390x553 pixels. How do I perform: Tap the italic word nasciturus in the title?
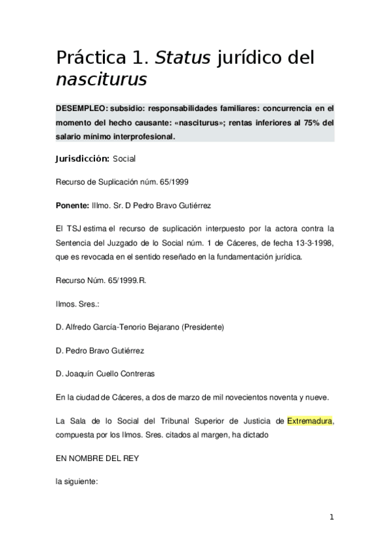click(x=101, y=80)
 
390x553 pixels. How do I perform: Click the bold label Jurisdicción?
click(x=82, y=158)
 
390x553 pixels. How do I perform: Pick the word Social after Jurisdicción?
click(x=124, y=158)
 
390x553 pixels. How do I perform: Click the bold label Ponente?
click(x=72, y=205)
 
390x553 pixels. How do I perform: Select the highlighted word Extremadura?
click(x=310, y=421)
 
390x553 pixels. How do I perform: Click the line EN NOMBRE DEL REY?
click(x=97, y=458)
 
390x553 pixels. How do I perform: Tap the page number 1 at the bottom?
click(x=331, y=518)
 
